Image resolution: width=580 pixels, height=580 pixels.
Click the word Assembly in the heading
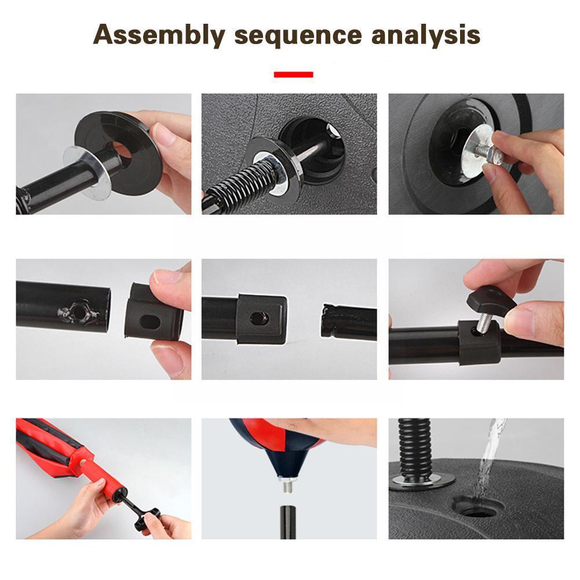(x=159, y=35)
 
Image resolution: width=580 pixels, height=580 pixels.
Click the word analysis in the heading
(x=426, y=35)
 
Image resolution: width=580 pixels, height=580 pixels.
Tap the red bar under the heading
(x=293, y=74)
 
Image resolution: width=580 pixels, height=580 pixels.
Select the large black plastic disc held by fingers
(x=118, y=152)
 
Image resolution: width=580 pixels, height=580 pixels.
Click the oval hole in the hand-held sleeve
(x=151, y=322)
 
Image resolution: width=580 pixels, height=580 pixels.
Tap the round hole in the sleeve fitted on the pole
(x=260, y=318)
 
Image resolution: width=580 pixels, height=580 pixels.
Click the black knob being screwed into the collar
(x=491, y=298)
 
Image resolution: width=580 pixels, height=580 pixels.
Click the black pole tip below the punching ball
(x=288, y=522)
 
